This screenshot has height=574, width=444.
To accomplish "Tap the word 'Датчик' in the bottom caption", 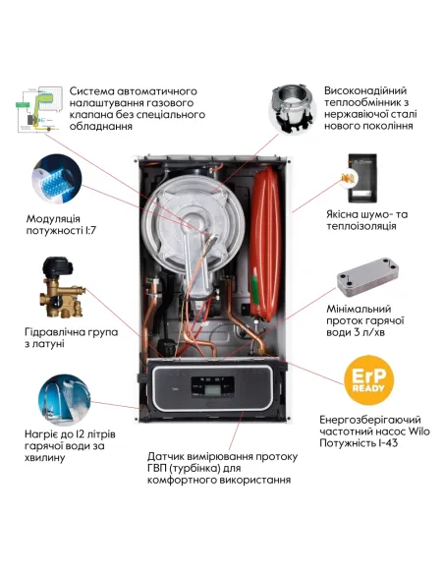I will (x=168, y=457).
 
